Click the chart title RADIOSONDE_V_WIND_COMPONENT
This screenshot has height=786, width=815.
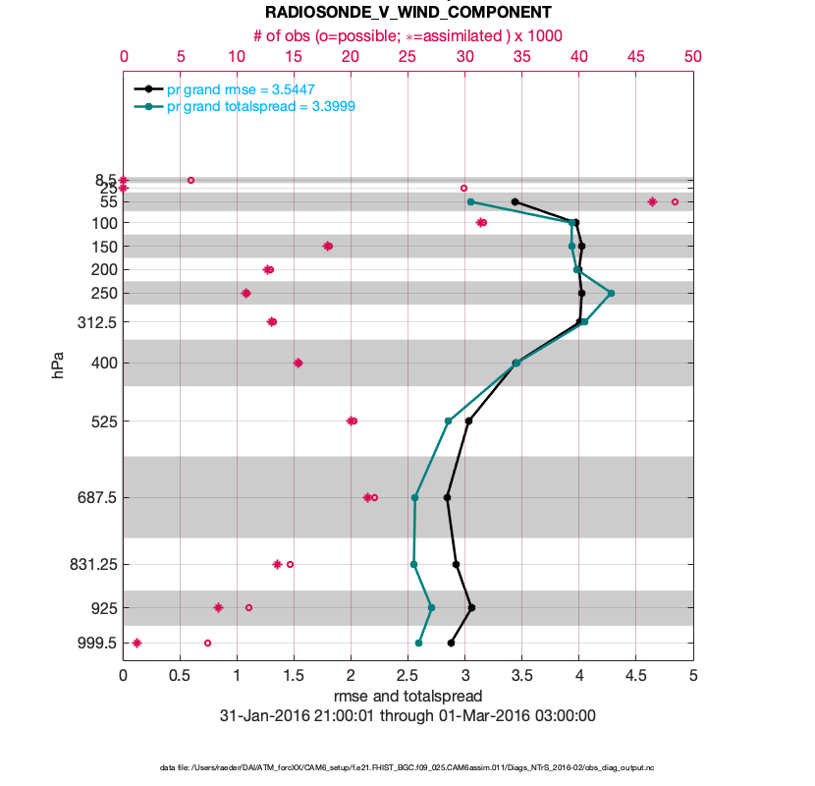coord(407,12)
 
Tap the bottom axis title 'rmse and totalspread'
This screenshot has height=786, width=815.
coord(407,697)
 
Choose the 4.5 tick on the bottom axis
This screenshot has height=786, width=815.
coord(635,676)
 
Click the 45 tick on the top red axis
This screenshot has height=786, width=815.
coord(635,57)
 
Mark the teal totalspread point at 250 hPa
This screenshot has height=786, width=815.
coord(611,293)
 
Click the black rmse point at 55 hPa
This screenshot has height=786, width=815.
coord(515,201)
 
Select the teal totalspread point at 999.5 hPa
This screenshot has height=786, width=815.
coord(419,643)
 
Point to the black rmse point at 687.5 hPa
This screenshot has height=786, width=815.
coord(448,497)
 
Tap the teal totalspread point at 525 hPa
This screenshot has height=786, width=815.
coord(449,421)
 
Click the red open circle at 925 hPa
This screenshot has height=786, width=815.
coord(248,607)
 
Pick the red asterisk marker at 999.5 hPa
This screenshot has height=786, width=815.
coord(136,643)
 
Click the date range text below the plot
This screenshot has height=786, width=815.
coord(407,716)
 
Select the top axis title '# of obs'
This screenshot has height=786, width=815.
coord(407,35)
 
